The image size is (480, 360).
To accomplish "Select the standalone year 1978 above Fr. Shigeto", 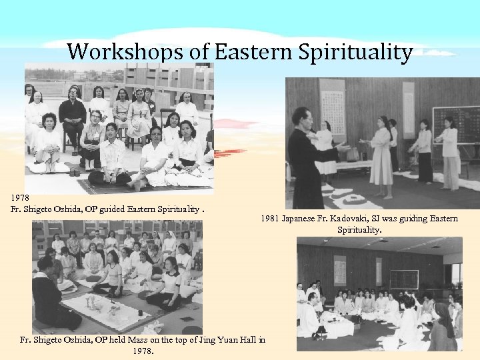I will [20, 198].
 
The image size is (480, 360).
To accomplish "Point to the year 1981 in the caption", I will [270, 219].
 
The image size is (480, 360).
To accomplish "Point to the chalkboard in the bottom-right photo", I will [404, 279].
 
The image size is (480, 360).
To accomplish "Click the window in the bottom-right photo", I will [457, 273].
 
